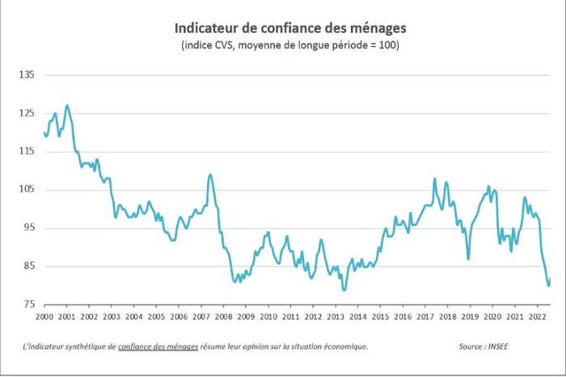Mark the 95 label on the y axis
point(28,228)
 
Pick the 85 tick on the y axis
point(28,266)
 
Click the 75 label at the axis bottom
point(28,304)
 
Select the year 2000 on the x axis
point(44,319)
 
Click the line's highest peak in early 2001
point(67,105)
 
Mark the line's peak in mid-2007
point(211,174)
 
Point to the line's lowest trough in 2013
point(344,290)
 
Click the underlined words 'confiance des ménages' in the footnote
point(158,346)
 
